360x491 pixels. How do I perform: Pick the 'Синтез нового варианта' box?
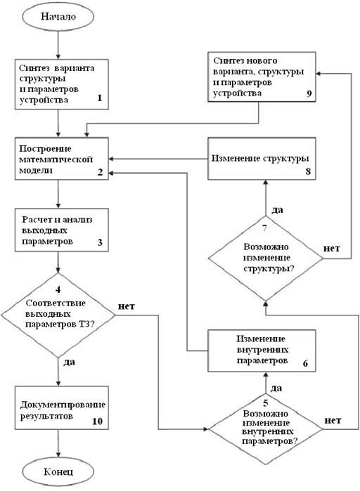[260, 78]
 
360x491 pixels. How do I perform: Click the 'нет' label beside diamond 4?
[127, 306]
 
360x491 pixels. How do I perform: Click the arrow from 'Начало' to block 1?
[58, 45]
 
